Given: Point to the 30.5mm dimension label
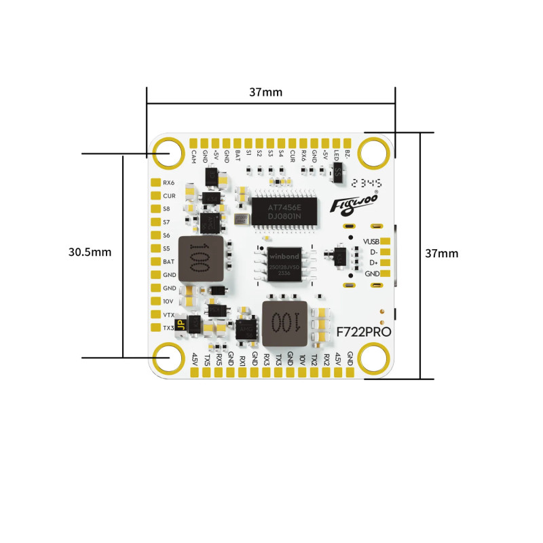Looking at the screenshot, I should [x=90, y=252].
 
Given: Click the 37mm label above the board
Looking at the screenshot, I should [x=267, y=92].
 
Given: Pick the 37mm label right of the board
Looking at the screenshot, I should [x=441, y=253].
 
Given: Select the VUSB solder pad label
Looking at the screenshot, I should [x=371, y=242].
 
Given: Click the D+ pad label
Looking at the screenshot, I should [x=373, y=263].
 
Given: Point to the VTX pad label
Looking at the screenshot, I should [x=169, y=314].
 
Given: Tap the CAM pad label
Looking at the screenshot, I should [x=194, y=155].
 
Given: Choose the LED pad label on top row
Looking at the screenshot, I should [x=337, y=155].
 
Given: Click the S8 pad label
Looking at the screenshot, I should [x=166, y=208].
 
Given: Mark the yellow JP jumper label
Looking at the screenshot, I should [x=180, y=326].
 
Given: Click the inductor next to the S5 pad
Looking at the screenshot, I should [x=200, y=259].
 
